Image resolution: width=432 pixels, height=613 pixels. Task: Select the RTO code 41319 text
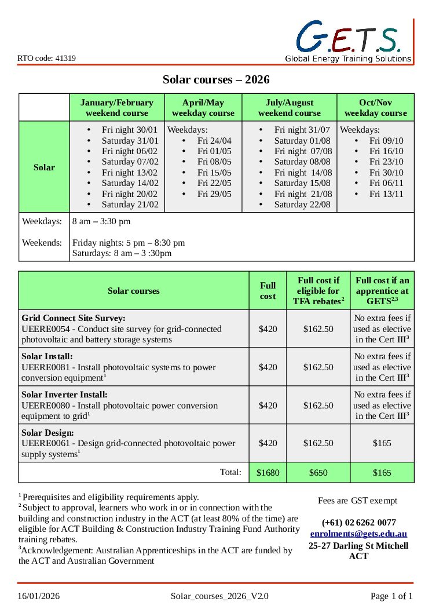pos(46,58)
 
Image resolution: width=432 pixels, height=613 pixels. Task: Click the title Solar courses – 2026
pos(216,79)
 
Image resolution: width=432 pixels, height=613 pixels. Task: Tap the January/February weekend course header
pos(117,108)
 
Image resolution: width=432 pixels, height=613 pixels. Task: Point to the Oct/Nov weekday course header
pos(375,108)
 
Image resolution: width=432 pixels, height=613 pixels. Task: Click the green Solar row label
pos(44,167)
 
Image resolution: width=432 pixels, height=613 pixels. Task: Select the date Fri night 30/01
pos(130,130)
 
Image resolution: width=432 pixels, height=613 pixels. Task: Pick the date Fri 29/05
pos(214,194)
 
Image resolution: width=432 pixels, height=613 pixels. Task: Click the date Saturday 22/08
pos(302,205)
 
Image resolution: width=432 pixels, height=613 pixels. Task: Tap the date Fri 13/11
pos(386,194)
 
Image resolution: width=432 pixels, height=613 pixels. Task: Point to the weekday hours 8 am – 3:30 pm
pos(101,221)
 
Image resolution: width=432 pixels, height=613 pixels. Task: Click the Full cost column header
pos(268,291)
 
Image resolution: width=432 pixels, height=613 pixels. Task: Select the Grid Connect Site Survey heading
pos(74,318)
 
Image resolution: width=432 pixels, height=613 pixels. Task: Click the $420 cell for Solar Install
pos(268,367)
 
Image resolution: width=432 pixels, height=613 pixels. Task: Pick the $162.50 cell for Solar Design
pos(318,443)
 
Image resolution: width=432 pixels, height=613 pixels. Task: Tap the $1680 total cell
pos(268,473)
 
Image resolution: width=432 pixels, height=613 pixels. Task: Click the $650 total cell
pos(318,473)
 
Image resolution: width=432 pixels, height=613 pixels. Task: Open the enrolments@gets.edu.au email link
pos(358,534)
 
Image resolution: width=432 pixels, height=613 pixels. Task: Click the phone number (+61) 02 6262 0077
pos(358,523)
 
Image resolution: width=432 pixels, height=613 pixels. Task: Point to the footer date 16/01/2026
pos(38,596)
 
